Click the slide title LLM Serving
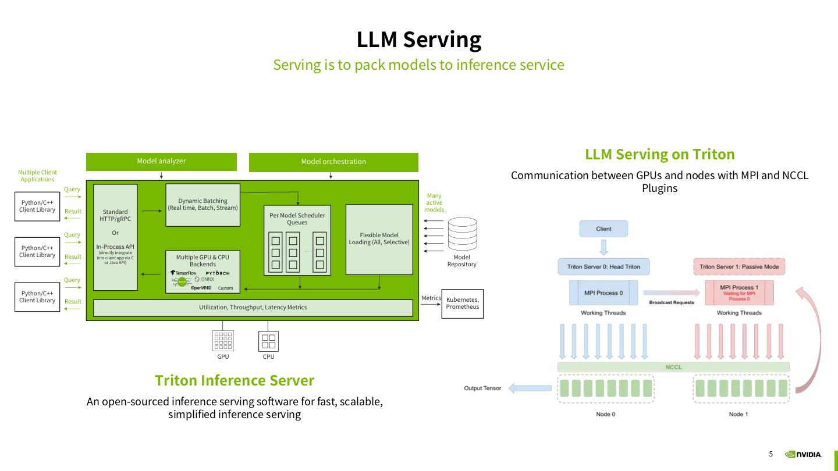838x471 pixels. tap(418, 40)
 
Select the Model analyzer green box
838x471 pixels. tap(161, 161)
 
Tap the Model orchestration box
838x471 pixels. tap(333, 162)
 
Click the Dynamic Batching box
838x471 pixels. tap(203, 205)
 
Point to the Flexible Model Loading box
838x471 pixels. tap(379, 238)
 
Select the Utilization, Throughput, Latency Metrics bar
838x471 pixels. tap(253, 307)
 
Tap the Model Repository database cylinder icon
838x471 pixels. tap(462, 235)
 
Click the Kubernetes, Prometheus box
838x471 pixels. tap(463, 304)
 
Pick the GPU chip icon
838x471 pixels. tap(223, 341)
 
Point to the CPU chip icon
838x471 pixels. tap(268, 341)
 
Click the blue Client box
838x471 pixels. tap(603, 229)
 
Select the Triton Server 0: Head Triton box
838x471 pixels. tap(603, 267)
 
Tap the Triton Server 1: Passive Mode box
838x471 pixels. tap(739, 267)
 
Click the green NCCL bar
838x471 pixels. tap(673, 367)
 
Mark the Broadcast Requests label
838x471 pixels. tap(671, 302)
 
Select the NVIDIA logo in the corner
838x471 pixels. tap(803, 454)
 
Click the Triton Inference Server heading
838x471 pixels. tap(235, 380)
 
